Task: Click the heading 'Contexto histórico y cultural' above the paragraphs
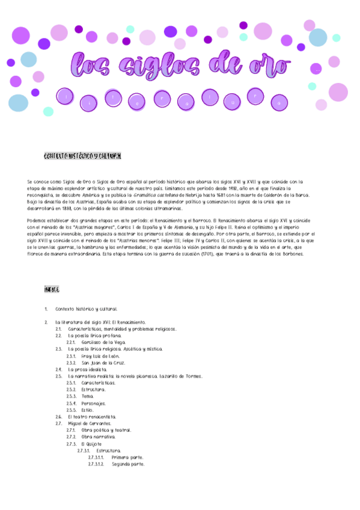(84, 156)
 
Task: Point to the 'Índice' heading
(52, 289)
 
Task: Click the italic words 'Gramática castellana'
(192, 195)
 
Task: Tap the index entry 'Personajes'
(94, 403)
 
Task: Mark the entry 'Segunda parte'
(127, 464)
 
